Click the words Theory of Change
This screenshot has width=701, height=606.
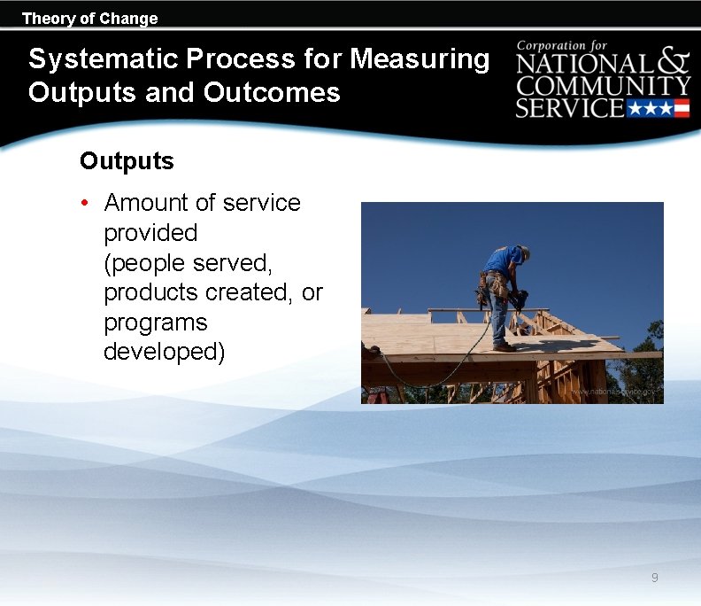[x=89, y=18]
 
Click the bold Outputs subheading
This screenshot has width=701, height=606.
[x=127, y=161]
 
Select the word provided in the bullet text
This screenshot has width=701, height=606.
[x=150, y=233]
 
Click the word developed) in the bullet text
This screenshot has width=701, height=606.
[x=164, y=352]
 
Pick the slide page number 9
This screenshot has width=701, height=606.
[x=654, y=578]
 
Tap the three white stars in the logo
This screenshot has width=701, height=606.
[x=650, y=109]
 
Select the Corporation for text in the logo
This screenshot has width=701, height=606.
[x=563, y=45]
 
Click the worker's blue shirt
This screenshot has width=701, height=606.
[x=503, y=260]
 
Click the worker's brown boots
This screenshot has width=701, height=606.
[x=505, y=347]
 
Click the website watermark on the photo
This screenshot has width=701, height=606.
[x=614, y=391]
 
